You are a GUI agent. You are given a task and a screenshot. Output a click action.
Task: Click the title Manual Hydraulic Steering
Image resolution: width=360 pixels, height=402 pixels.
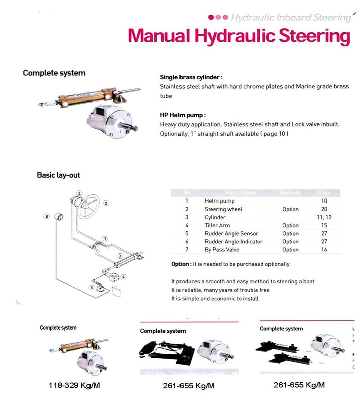pos(238,36)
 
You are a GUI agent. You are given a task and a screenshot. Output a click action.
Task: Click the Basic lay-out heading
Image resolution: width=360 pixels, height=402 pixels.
pos(58,175)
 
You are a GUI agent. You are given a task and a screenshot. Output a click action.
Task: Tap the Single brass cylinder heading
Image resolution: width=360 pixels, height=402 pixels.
pos(190,77)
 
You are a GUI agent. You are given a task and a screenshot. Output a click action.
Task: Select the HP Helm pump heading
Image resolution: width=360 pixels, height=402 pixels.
pos(183,115)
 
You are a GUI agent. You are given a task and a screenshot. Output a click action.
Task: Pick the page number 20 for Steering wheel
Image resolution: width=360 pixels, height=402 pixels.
pos(324,209)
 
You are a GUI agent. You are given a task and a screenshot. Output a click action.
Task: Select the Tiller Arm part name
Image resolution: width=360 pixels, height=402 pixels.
pos(217,226)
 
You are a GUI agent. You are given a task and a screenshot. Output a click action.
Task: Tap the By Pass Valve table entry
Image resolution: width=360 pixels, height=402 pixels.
pos(222,250)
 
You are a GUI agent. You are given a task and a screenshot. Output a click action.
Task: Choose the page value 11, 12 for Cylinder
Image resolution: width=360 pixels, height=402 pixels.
pos(324,217)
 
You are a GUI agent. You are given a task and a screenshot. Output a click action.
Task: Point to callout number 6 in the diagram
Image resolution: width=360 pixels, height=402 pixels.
pos(46,216)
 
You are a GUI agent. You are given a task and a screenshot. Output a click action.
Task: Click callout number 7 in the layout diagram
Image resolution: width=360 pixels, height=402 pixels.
pos(104,238)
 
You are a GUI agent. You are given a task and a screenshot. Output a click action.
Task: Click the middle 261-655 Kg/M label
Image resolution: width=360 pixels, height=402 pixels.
pos(189,386)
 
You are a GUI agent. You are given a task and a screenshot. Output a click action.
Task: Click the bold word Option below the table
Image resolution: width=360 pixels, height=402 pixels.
pos(179,264)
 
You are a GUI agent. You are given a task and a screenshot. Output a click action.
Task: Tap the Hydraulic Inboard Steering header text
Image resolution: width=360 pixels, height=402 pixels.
pos(290,18)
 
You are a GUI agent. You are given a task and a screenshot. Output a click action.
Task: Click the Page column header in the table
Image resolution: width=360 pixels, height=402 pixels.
pos(324,193)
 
